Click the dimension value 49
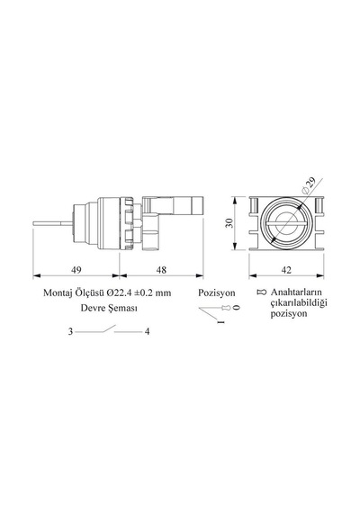tap(76, 270)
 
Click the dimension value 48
tap(161, 270)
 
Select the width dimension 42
tap(286, 270)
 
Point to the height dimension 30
tap(230, 223)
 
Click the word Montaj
tap(58, 292)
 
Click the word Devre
tap(91, 308)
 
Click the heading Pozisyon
tap(217, 292)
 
